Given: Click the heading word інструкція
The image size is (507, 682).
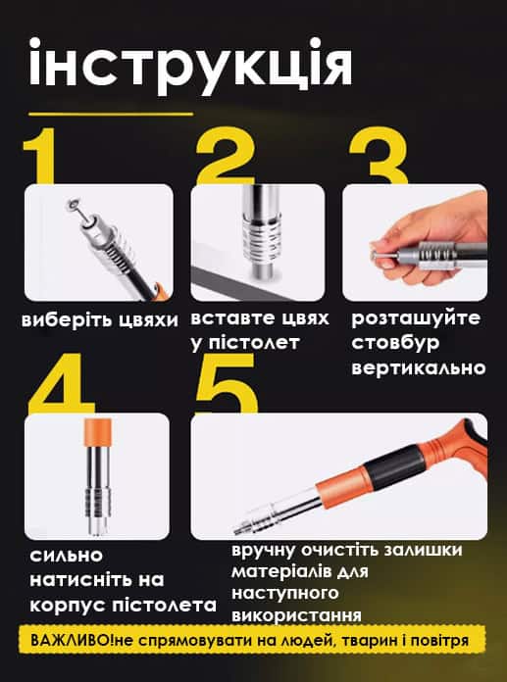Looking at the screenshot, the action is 190,67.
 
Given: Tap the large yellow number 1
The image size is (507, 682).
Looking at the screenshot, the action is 40,156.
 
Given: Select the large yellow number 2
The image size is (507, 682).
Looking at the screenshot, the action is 225,156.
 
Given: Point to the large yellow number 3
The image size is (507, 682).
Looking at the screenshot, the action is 379,156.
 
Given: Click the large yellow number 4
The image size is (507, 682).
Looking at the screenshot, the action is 61,383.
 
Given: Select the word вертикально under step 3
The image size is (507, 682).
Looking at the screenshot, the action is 418,368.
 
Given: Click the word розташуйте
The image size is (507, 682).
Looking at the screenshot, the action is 416,318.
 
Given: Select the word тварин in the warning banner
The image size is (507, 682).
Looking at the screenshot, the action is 370,641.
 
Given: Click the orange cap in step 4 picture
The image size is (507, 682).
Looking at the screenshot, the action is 98,433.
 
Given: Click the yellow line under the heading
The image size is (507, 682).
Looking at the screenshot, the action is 111,115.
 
